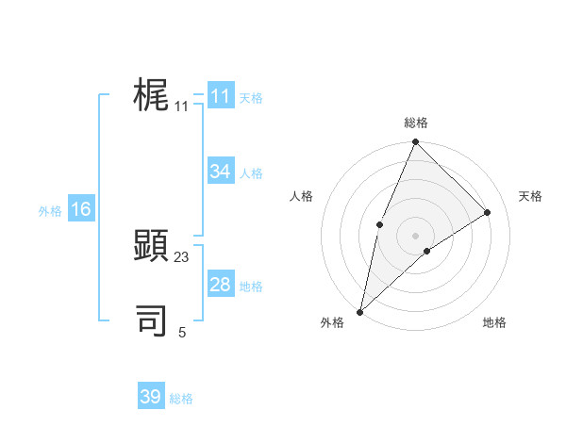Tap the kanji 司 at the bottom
[152, 320]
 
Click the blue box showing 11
[221, 96]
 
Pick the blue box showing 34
[221, 172]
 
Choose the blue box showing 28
[221, 285]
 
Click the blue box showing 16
[81, 209]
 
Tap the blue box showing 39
[151, 397]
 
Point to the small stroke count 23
[182, 257]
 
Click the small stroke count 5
[182, 332]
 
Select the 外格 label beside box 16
[50, 211]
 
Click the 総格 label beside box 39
[181, 399]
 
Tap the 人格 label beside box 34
[251, 173]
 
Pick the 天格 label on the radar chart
[530, 196]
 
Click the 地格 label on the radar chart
[494, 322]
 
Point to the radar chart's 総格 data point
[415, 142]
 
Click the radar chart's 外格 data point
[360, 311]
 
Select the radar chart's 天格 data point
[488, 212]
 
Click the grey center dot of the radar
[415, 236]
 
